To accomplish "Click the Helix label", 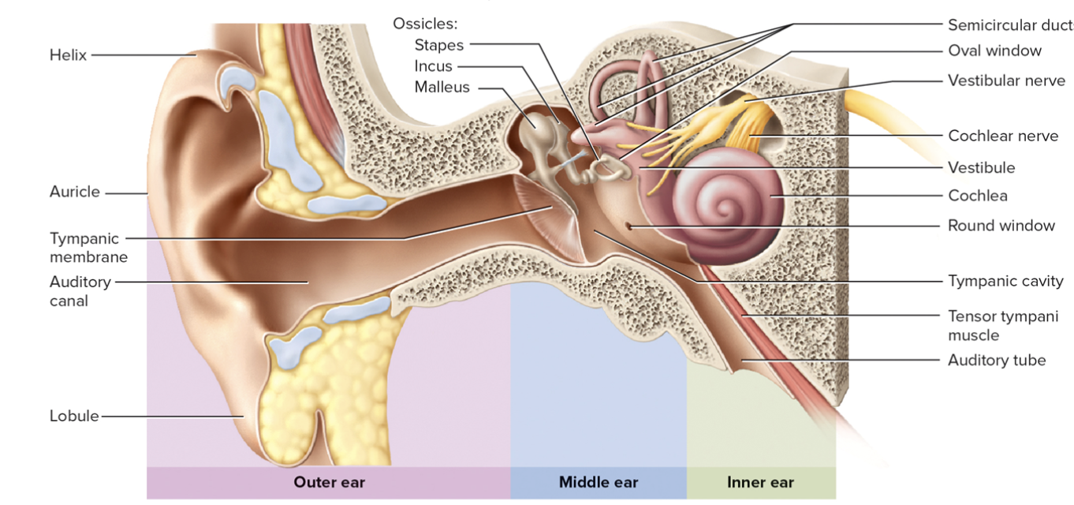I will tap(68, 55).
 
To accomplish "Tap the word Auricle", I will tap(75, 192).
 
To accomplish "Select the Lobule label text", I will tap(74, 416).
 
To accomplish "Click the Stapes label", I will tap(439, 45).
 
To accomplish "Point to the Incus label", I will tap(433, 66).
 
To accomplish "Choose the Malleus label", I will tap(442, 87).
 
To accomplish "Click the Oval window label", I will tap(994, 51).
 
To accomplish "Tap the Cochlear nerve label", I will tap(1003, 136).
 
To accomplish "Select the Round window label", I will tap(1001, 226).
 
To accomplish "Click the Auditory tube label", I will tap(997, 361).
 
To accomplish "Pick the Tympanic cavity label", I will tap(1005, 281).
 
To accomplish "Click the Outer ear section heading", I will tap(330, 482).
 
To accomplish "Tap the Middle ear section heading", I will tap(599, 482).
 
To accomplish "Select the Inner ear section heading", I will tap(760, 482).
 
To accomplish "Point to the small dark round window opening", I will tap(629, 226).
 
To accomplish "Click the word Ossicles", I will tap(425, 24).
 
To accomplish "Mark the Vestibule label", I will tap(982, 167).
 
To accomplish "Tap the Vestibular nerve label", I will tap(1006, 80).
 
